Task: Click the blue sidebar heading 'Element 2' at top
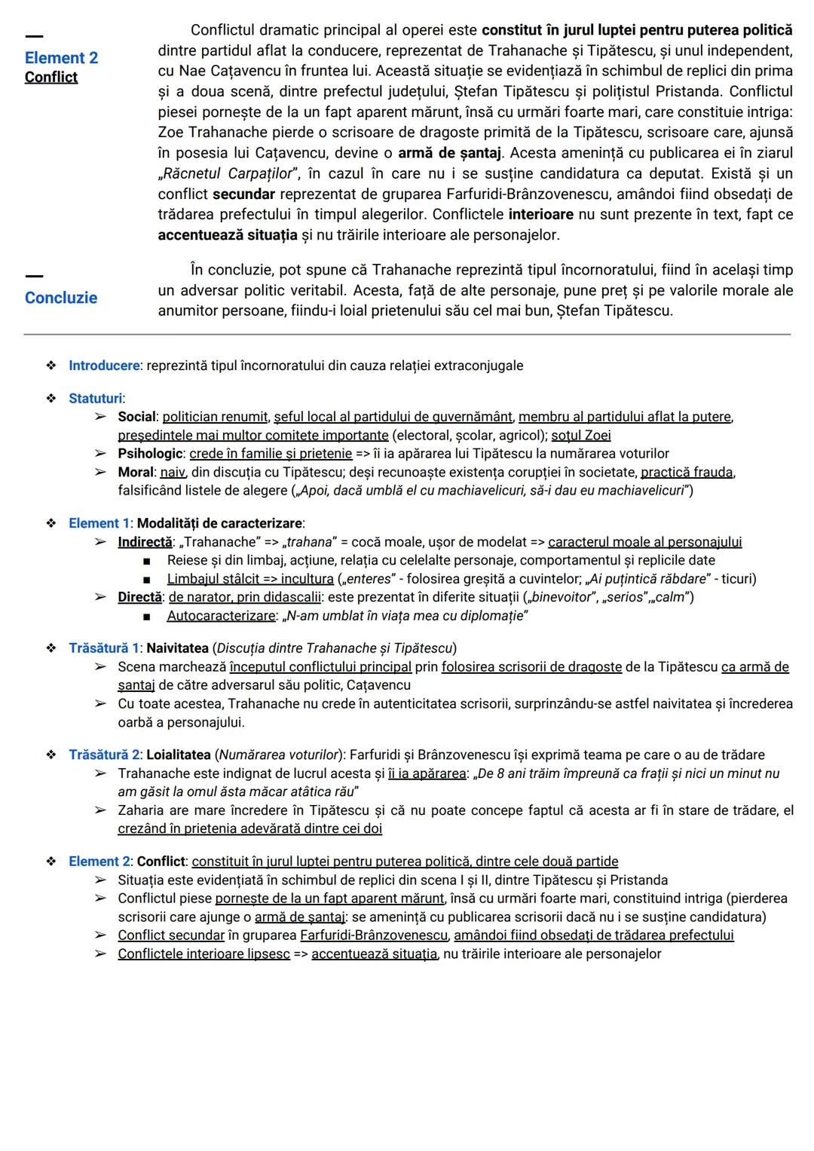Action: coord(61,58)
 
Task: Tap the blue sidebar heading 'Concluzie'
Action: coord(61,298)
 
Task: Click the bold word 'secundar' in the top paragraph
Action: coord(243,194)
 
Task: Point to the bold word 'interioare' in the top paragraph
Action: coord(540,214)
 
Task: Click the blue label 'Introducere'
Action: coord(104,366)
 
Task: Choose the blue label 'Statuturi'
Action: coord(96,399)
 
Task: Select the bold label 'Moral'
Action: coord(136,473)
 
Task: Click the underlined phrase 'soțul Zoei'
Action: coord(580,436)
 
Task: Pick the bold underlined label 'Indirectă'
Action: coord(145,542)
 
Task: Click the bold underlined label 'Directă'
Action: coord(139,597)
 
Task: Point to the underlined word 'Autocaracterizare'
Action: coord(221,616)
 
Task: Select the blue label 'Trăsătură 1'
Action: coord(104,648)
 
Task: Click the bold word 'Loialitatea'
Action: coord(179,755)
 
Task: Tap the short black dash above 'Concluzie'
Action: coord(34,276)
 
